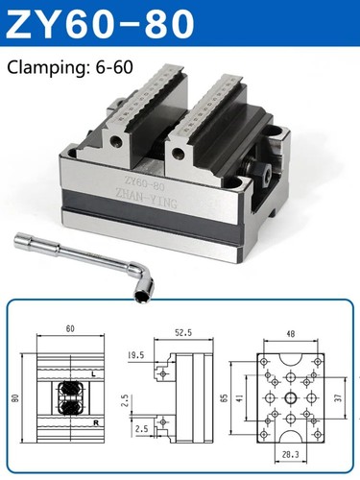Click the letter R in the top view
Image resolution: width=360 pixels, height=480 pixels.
(91, 421)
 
